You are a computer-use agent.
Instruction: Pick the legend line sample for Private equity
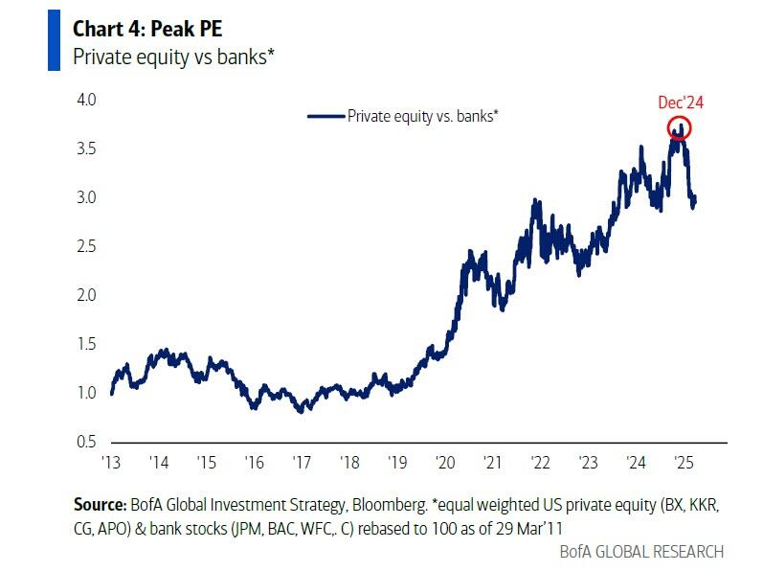point(325,116)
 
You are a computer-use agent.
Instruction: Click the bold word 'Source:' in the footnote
point(100,504)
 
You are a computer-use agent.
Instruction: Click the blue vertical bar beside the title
point(55,40)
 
